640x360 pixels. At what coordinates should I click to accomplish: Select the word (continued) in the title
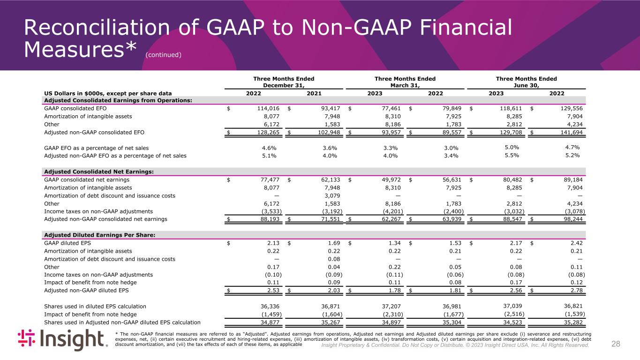[x=163, y=55]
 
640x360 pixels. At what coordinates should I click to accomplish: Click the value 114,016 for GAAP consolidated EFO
[x=266, y=109]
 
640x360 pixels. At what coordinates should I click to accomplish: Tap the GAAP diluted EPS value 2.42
[x=575, y=243]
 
